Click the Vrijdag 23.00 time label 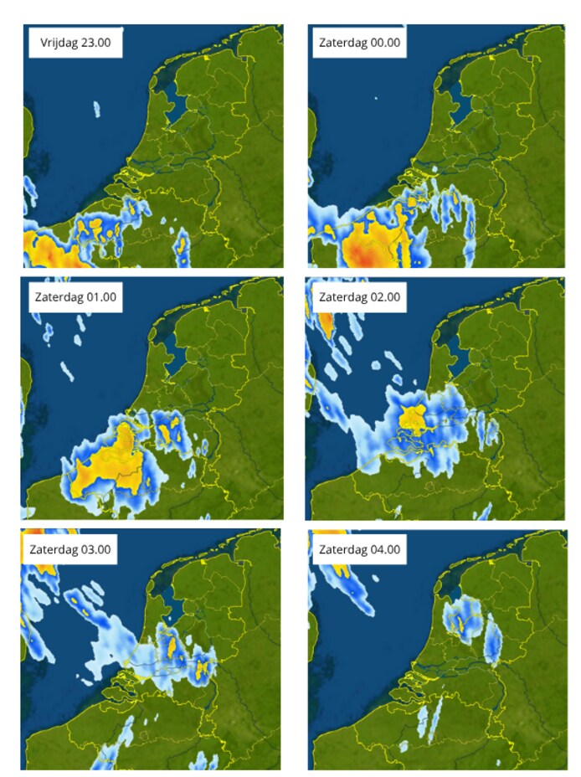tap(75, 42)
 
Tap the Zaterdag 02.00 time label tap(359, 296)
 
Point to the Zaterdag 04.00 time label tap(359, 550)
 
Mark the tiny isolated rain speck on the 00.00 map tap(377, 99)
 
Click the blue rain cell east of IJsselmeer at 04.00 tap(493, 641)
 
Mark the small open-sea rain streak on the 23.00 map tap(97, 109)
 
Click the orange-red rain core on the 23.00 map tap(42, 249)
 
